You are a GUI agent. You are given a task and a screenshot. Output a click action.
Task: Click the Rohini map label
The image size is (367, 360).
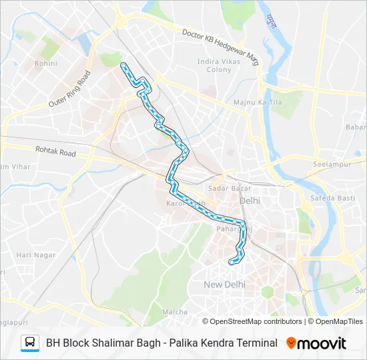[47, 64]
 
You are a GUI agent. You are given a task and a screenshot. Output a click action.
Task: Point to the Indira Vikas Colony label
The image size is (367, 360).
[214, 65]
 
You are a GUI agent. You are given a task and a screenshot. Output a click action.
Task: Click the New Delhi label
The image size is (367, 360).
[224, 284]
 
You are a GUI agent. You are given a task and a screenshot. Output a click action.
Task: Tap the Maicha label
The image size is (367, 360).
[175, 311]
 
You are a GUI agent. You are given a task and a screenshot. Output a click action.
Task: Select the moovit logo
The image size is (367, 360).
[316, 343]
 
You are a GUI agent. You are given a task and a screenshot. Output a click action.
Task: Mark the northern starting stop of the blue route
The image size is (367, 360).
[123, 65]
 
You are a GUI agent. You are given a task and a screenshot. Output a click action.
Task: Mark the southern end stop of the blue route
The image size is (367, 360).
[232, 262]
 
